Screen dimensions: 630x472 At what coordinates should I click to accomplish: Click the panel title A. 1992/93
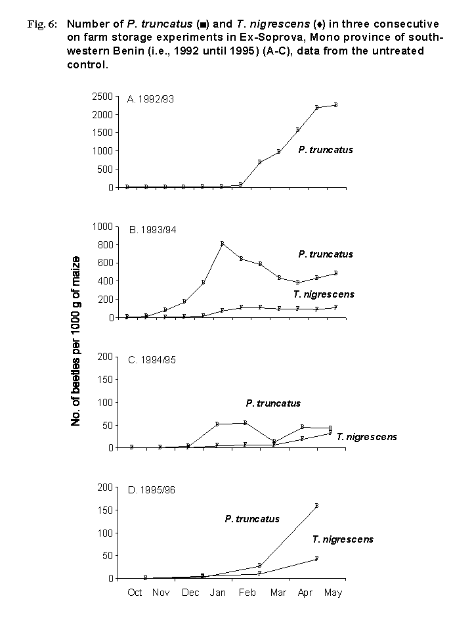[150, 99]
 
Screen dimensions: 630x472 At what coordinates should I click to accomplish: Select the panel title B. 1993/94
[153, 230]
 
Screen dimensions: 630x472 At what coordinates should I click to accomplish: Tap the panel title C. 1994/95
[154, 360]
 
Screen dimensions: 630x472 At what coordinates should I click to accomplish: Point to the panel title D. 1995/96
[153, 490]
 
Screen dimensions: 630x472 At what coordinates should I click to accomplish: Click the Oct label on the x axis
[135, 593]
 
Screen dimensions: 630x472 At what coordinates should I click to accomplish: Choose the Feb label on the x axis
[247, 593]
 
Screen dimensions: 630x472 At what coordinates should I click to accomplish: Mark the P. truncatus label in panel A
[325, 150]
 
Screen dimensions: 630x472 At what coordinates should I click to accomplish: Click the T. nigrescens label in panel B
[324, 294]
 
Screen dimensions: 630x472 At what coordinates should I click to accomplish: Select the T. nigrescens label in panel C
[366, 437]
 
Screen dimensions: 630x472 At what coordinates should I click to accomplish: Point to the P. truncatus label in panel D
[252, 519]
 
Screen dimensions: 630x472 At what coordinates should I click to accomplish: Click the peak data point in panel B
[223, 244]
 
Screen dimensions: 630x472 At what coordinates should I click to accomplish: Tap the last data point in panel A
[335, 104]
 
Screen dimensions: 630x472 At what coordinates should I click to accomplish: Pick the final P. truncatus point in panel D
[316, 506]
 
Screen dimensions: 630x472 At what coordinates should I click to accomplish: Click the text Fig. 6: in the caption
[41, 24]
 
